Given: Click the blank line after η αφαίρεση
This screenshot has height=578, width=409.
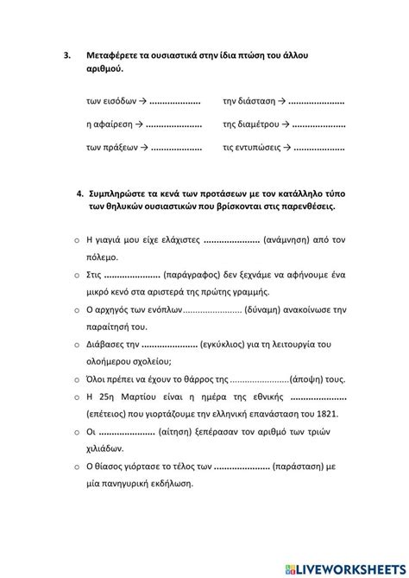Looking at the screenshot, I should pos(174,126).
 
